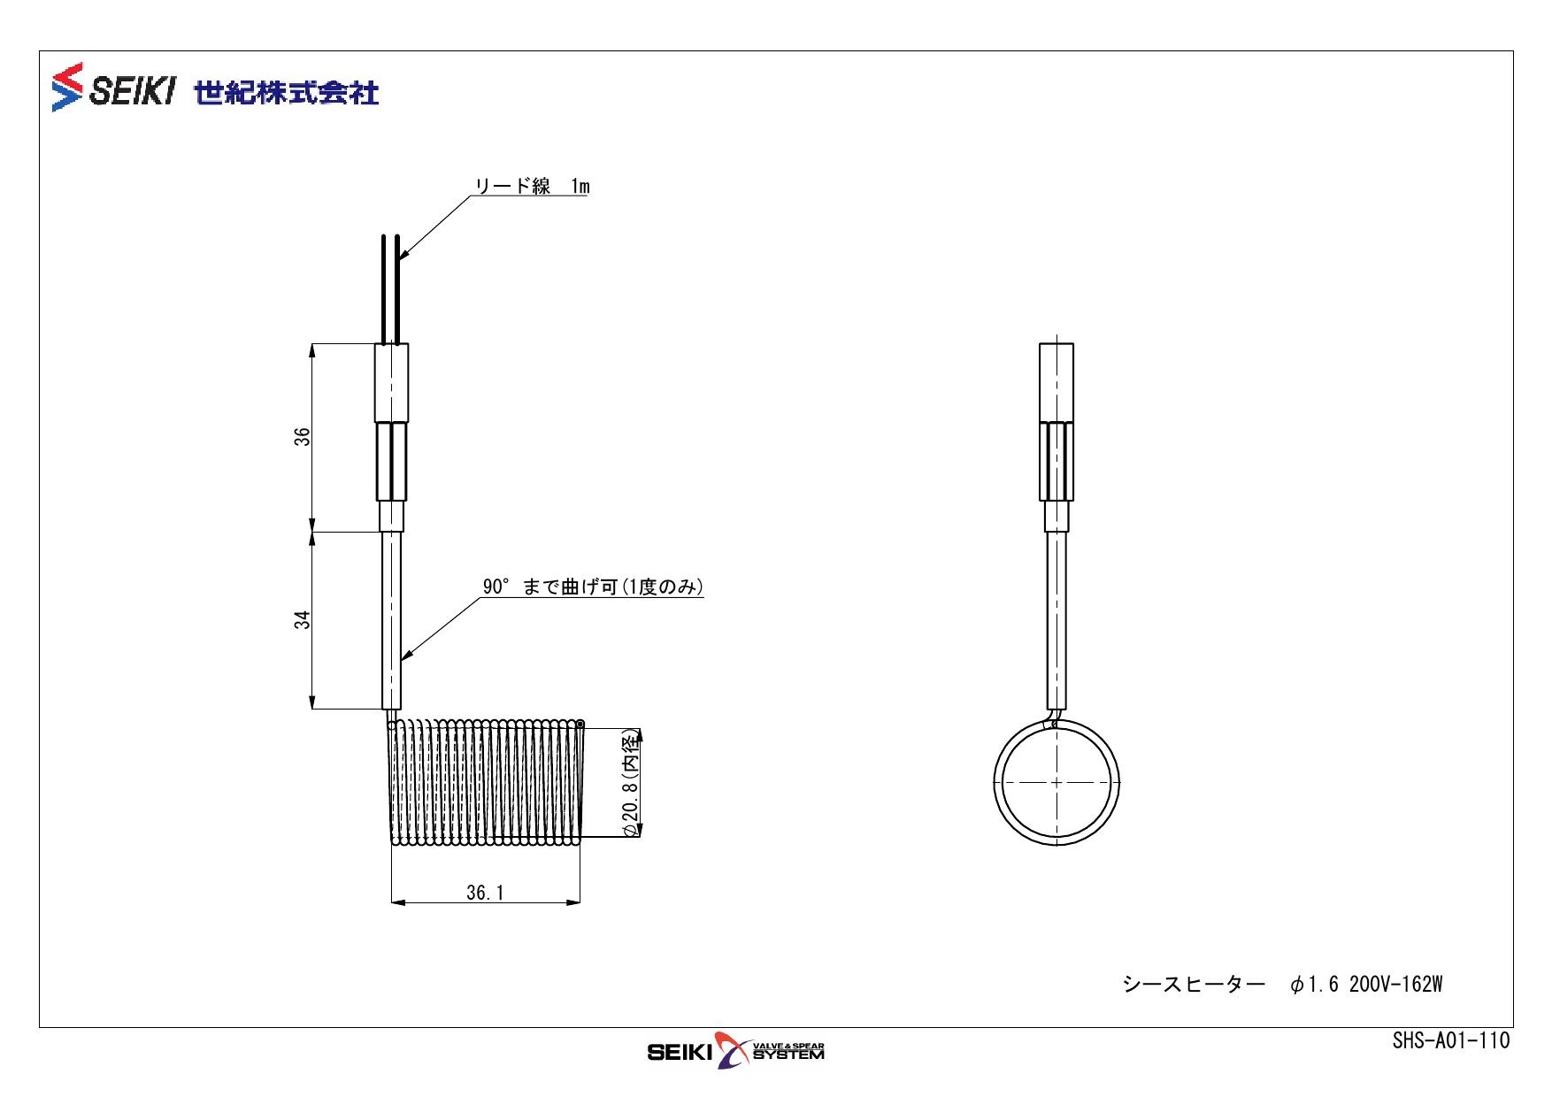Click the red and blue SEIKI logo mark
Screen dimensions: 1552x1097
(68, 87)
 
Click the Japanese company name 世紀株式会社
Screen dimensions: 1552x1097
(287, 92)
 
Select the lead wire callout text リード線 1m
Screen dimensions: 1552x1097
(533, 186)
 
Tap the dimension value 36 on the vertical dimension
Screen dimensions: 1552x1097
(303, 436)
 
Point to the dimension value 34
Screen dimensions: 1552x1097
(303, 619)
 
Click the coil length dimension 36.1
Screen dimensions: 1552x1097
(485, 893)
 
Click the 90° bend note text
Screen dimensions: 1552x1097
(593, 587)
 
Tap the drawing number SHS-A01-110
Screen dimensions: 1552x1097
(1451, 1041)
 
